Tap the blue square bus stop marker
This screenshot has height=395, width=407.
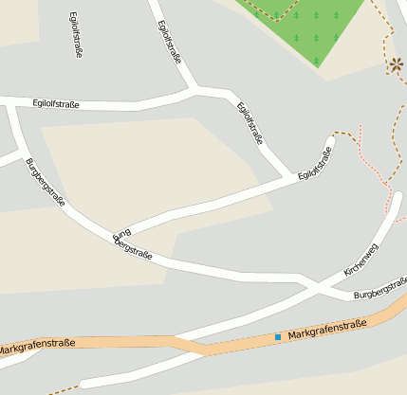tap(278, 337)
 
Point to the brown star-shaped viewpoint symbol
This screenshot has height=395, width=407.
tap(395, 65)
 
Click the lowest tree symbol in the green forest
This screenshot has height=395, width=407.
tap(317, 61)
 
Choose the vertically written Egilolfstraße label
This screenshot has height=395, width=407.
tap(75, 36)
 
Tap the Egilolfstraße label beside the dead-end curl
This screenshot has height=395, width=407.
tap(316, 162)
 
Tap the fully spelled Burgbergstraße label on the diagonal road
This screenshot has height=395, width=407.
tap(45, 182)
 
